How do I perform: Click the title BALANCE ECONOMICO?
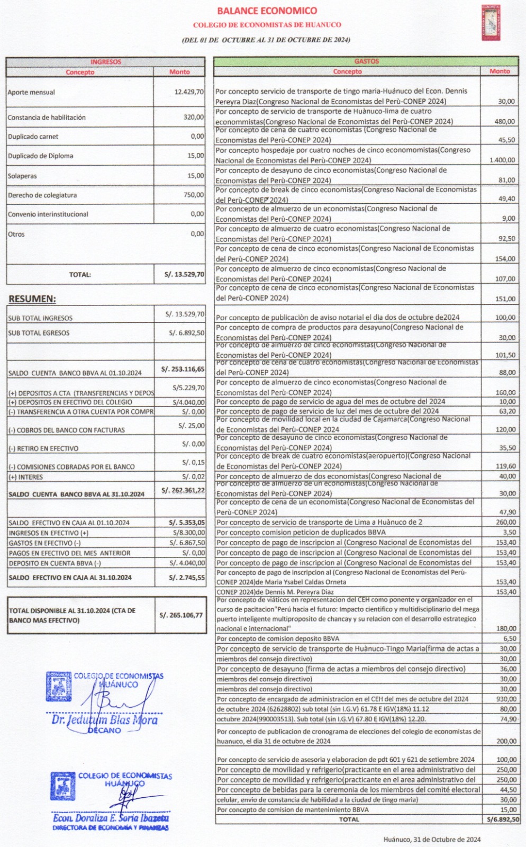pos(267,11)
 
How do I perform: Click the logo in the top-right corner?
pos(491,22)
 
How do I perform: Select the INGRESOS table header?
pos(105,62)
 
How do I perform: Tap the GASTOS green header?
pos(366,61)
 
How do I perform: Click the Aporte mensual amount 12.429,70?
pos(189,92)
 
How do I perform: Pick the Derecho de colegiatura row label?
pos(42,195)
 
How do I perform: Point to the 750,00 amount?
pos(194,195)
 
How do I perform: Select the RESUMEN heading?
pos(32,299)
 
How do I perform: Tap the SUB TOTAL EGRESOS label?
pos(39,333)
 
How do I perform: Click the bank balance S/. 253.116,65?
pos(183,369)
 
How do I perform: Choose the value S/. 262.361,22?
pos(183,490)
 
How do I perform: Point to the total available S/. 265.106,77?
pos(181,615)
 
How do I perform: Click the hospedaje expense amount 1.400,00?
pos(502,160)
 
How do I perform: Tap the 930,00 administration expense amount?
pos(506,699)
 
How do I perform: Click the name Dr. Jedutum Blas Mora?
pos(104,720)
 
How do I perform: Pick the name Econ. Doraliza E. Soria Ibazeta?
pos(111,818)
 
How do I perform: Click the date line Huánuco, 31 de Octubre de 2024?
pos(432,839)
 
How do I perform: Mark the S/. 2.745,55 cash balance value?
pos(186,578)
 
